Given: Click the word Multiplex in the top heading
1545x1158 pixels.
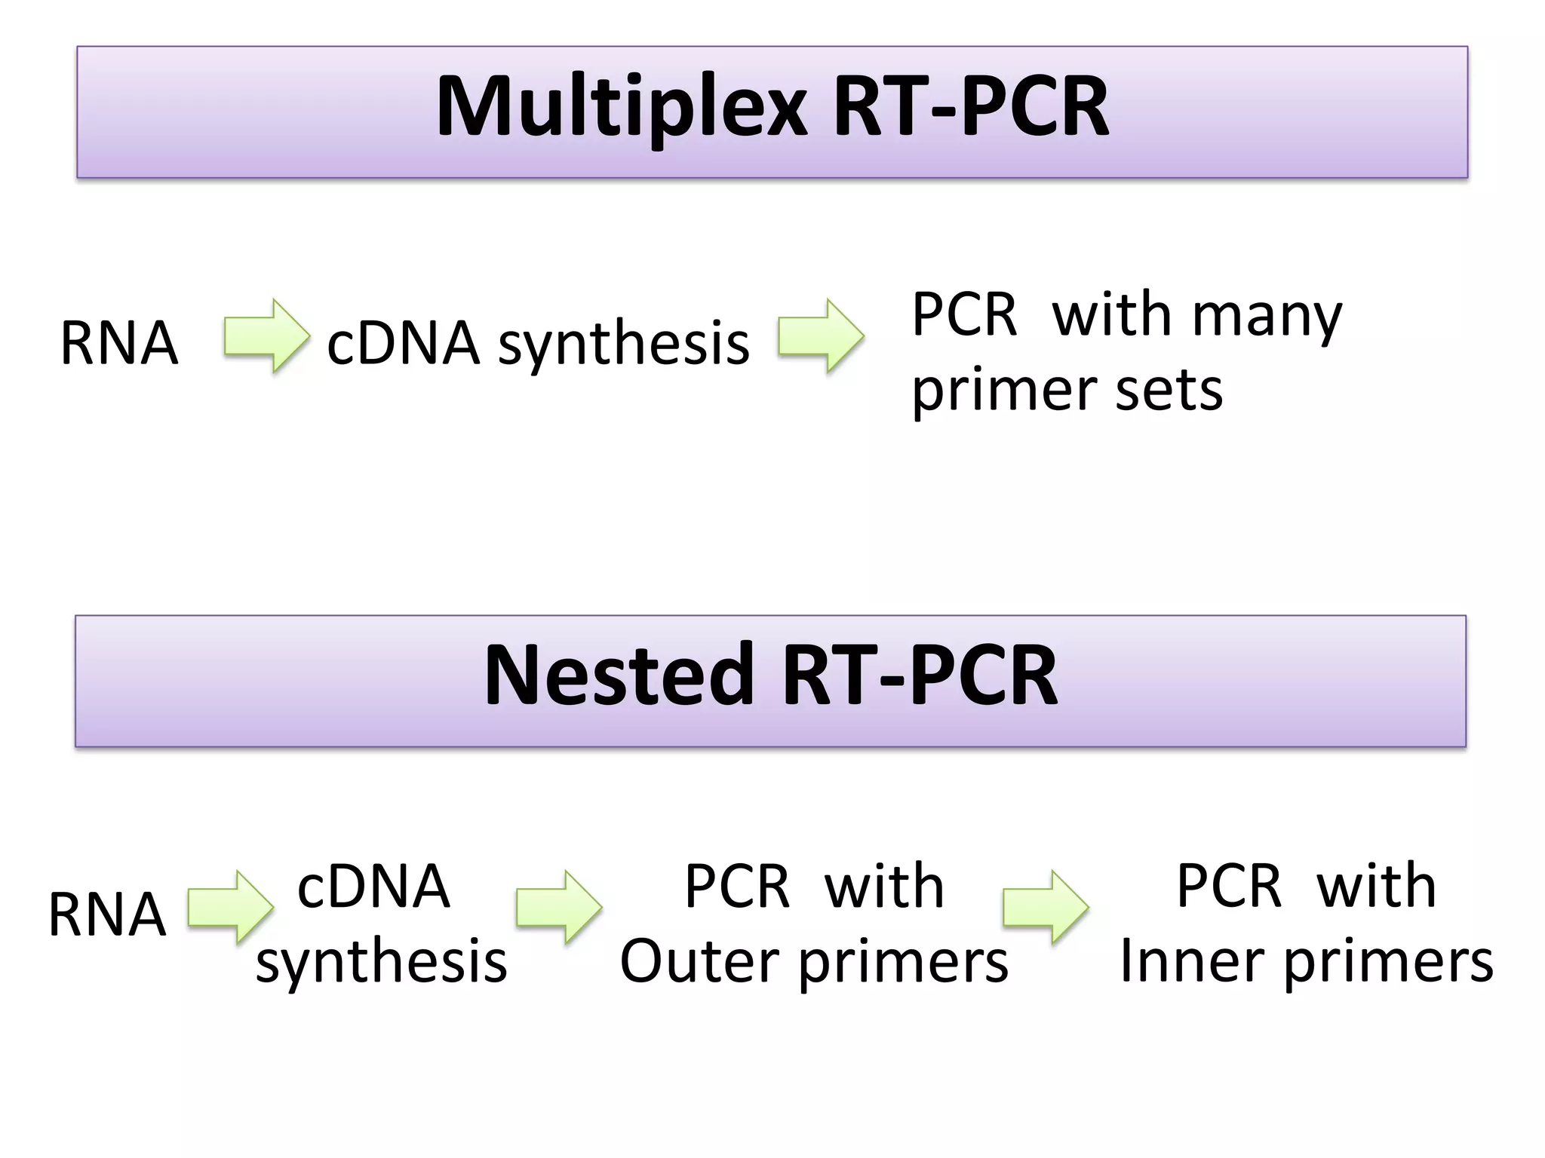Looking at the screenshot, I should pyautogui.click(x=622, y=107).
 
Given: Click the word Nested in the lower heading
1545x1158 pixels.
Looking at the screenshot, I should pyautogui.click(x=619, y=675).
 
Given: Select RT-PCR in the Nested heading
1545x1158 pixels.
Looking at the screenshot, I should pyautogui.click(x=920, y=675).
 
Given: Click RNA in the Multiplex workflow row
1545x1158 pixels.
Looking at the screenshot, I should pyautogui.click(x=119, y=344).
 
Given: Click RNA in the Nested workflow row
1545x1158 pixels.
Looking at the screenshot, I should pyautogui.click(x=107, y=914).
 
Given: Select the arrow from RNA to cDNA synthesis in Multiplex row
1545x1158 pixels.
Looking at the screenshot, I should pyautogui.click(x=266, y=336).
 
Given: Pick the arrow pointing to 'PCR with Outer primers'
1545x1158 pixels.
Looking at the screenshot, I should pyautogui.click(x=558, y=907).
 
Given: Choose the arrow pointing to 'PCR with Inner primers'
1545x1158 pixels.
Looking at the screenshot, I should pyautogui.click(x=1046, y=907).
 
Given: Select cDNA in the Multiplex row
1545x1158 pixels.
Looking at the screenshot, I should pyautogui.click(x=404, y=344).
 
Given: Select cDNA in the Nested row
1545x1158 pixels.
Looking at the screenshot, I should pyautogui.click(x=374, y=887).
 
